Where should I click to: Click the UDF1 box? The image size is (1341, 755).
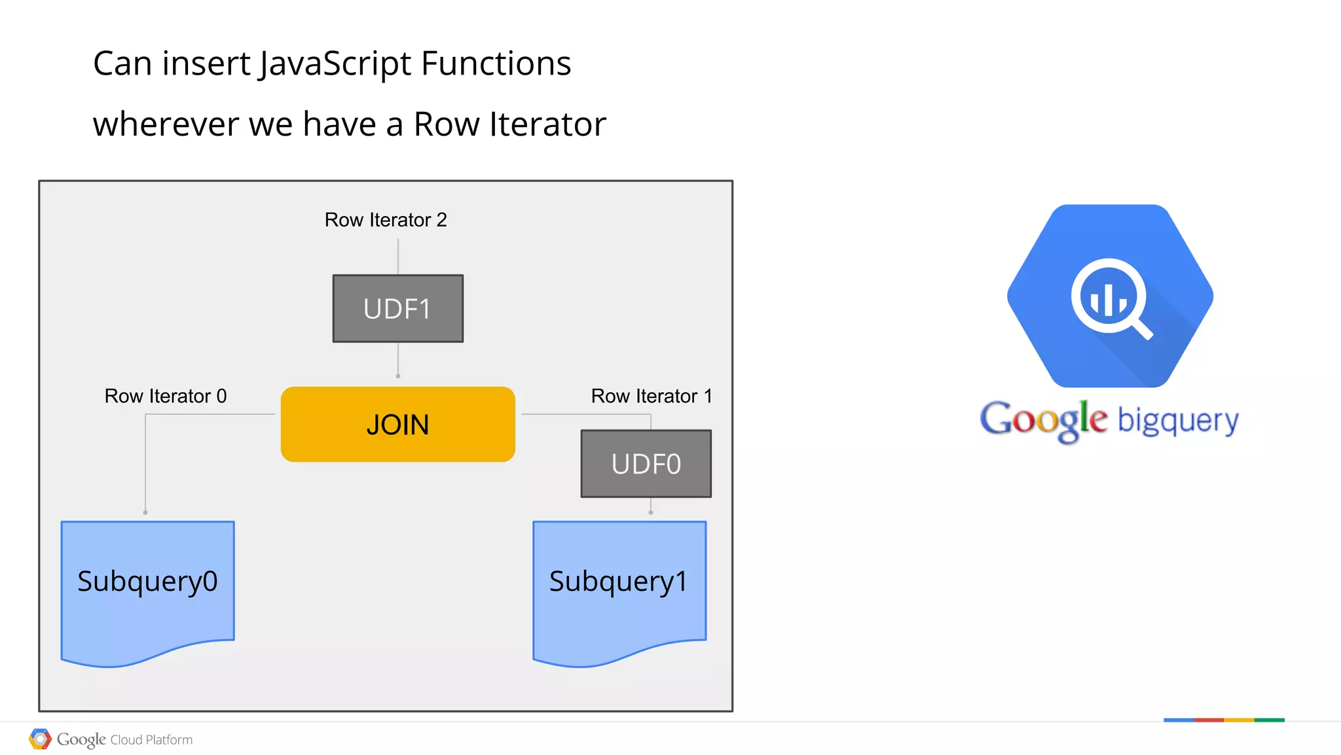pos(397,308)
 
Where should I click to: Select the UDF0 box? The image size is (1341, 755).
pos(646,464)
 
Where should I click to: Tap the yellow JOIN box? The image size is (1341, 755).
pos(397,424)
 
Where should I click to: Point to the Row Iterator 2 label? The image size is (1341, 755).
pos(386,220)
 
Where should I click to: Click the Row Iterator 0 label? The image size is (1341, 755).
pos(166,396)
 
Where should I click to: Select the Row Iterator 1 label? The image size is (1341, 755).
pos(651,396)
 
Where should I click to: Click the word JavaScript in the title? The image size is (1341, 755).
pos(336,64)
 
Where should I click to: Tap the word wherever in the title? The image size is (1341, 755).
pos(166,124)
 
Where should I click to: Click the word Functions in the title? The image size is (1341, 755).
pos(496,64)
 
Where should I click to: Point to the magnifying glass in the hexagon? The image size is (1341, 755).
pos(1111,298)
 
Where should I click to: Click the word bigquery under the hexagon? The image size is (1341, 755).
pos(1178,420)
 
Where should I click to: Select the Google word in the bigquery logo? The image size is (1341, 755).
pos(1043,420)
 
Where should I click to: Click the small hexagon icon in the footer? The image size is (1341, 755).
pos(40,739)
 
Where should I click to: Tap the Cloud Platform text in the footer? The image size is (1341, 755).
pos(151,740)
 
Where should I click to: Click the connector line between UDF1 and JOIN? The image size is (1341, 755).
pos(398,359)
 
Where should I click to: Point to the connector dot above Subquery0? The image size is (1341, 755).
pos(145,513)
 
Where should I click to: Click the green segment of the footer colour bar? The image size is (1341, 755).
pos(1269,720)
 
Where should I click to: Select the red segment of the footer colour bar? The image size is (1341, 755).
pos(1209,720)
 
